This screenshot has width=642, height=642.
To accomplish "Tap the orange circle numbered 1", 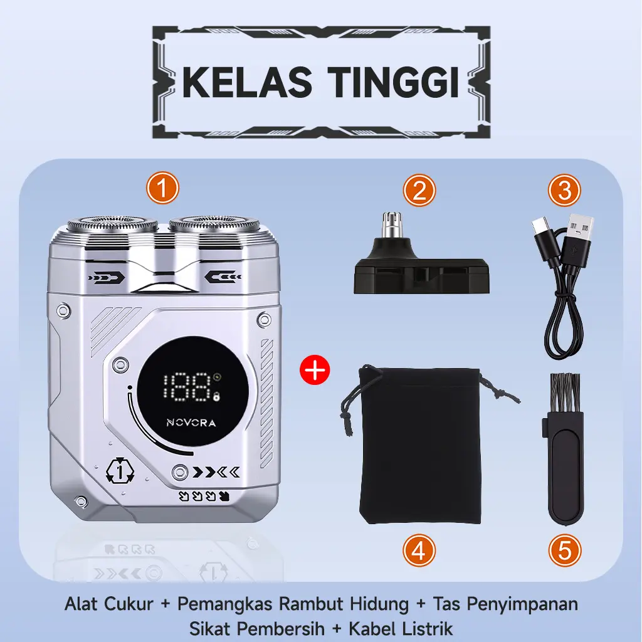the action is click(162, 188).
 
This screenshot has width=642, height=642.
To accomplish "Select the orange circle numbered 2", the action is click(419, 191).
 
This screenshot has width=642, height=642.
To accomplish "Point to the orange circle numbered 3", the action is click(565, 191).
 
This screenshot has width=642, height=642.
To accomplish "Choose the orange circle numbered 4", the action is click(419, 551).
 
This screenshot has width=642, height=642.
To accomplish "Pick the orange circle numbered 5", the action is click(565, 551).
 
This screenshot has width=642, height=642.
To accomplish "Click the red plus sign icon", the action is click(315, 370).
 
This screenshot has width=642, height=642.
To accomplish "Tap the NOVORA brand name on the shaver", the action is click(191, 423).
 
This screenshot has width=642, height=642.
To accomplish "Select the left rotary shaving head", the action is click(113, 225).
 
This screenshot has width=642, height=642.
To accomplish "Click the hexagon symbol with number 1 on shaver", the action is click(120, 471).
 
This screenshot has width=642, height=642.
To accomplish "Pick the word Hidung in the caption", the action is click(379, 604).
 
